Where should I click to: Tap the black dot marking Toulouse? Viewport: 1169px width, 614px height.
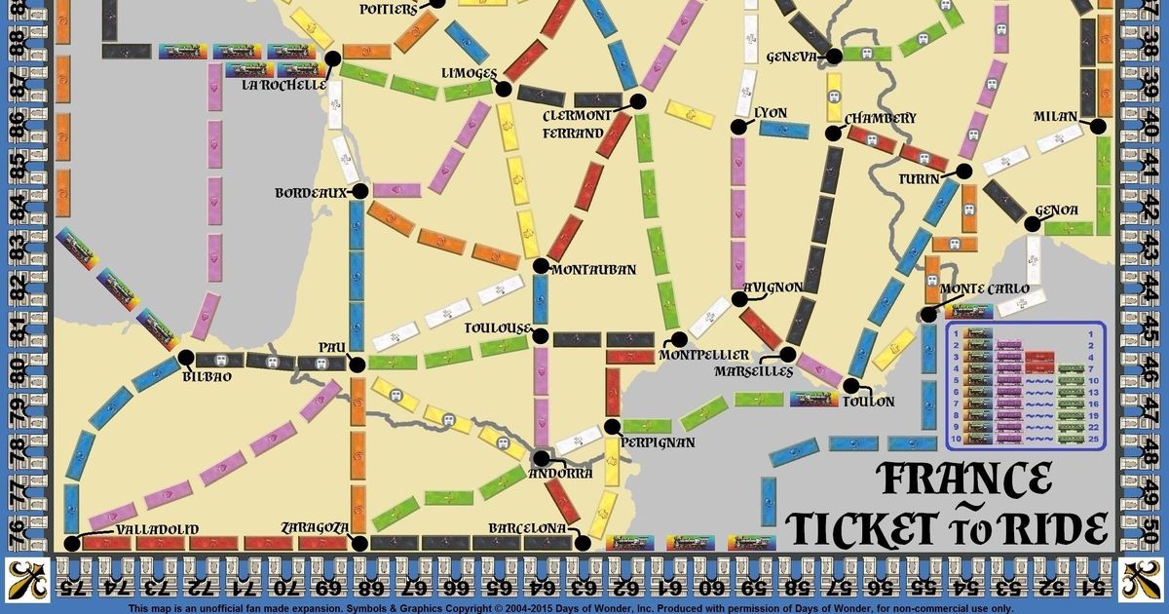click(541, 334)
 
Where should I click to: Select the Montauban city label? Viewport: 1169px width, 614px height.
click(593, 270)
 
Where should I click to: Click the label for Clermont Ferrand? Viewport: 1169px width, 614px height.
click(579, 123)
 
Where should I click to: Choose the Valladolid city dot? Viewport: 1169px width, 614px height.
click(70, 543)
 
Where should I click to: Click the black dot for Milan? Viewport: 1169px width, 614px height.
click(1099, 126)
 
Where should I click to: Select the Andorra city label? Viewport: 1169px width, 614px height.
click(559, 473)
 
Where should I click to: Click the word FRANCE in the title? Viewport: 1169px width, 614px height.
click(963, 480)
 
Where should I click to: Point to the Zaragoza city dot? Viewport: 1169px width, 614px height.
click(358, 543)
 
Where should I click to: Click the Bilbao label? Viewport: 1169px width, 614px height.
click(207, 376)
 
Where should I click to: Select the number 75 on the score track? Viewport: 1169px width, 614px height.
click(70, 588)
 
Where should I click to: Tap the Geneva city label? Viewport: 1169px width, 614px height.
click(791, 57)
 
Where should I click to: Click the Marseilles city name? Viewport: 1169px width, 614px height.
click(753, 371)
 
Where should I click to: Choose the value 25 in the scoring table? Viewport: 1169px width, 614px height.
click(1093, 440)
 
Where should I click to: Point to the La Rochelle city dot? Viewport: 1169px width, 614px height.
click(332, 59)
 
